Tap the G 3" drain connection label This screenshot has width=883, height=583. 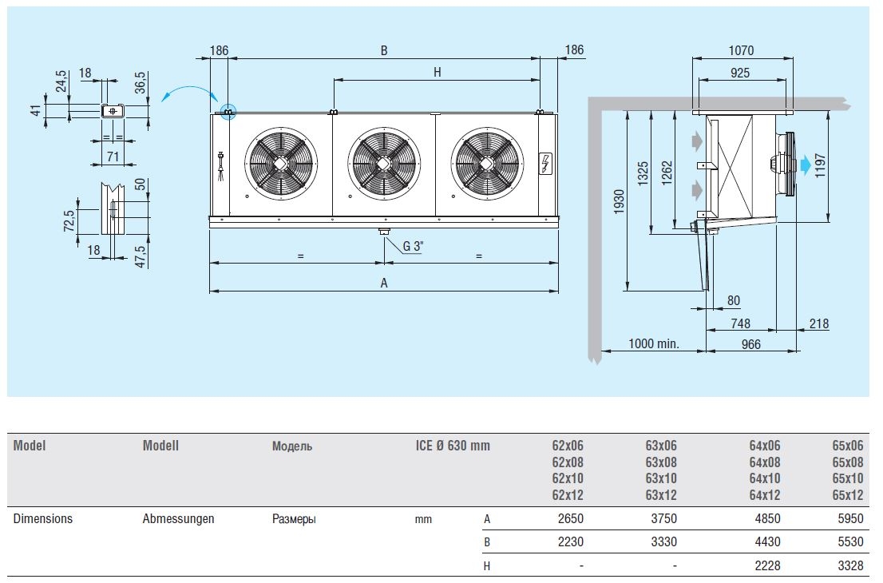tap(412, 246)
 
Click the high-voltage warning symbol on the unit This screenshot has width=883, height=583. tap(545, 163)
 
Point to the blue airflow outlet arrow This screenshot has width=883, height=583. tap(806, 165)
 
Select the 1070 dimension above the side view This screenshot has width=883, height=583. tap(741, 50)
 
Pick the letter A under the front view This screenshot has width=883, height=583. tap(384, 283)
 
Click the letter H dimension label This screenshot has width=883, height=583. tap(437, 72)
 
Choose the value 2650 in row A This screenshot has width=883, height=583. tap(571, 519)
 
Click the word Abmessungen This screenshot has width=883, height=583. tap(178, 519)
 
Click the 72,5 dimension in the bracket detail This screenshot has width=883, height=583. tap(69, 221)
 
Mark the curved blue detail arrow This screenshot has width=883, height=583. tap(188, 90)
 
